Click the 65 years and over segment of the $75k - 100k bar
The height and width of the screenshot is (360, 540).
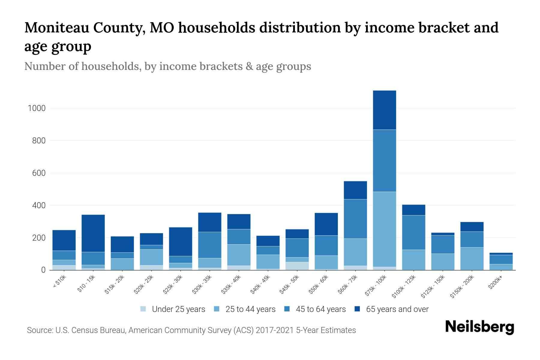(x=384, y=110)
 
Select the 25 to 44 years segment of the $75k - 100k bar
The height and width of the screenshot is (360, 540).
(x=384, y=229)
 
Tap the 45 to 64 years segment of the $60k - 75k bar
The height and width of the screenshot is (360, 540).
(x=355, y=219)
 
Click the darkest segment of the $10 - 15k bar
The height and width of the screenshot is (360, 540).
(x=93, y=233)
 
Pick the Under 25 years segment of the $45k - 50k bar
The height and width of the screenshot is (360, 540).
(x=297, y=266)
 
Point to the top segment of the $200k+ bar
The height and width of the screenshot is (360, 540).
(x=501, y=254)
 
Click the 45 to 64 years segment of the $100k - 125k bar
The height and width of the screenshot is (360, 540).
(x=413, y=232)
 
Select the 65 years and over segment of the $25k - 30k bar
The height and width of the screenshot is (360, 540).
(x=181, y=241)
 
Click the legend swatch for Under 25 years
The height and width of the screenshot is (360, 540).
(x=143, y=309)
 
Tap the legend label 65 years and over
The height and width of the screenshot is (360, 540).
(x=397, y=309)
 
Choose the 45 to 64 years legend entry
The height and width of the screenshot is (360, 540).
(x=321, y=309)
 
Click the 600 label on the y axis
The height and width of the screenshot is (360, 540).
(x=39, y=173)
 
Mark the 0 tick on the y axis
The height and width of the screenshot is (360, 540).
(x=43, y=270)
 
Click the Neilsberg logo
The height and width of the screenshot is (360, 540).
(x=479, y=327)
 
